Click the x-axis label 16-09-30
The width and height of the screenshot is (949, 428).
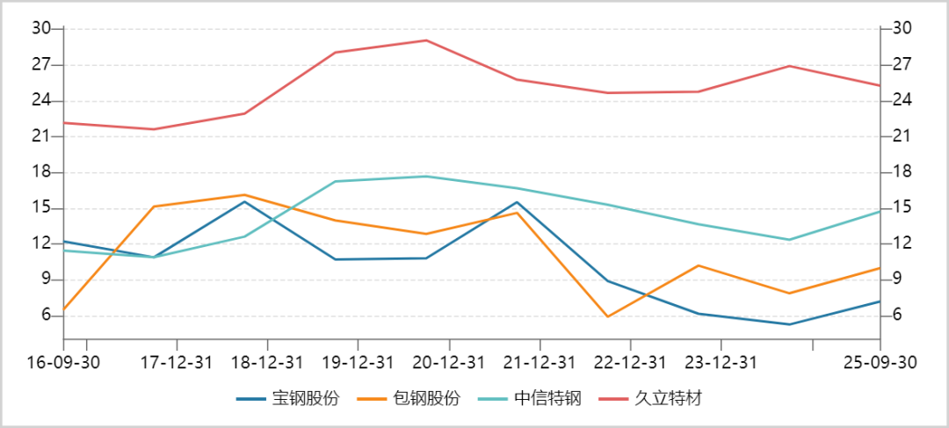(x=63, y=363)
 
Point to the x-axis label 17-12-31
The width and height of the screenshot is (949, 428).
(x=177, y=363)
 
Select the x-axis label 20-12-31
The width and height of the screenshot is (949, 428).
(x=449, y=363)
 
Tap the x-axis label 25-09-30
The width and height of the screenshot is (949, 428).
(x=879, y=363)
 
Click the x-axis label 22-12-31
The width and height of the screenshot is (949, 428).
(x=630, y=363)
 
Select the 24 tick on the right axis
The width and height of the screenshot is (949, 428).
(x=901, y=100)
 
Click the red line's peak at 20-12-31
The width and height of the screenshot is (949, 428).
(x=426, y=40)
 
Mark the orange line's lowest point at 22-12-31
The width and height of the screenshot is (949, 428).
(x=607, y=316)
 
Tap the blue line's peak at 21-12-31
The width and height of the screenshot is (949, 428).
(x=517, y=202)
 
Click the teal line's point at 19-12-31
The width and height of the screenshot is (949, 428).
(x=335, y=182)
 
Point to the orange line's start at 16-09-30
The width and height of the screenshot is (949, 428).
(x=64, y=310)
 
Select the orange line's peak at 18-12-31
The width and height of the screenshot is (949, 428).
(x=244, y=195)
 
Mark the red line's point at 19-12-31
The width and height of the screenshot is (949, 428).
(x=335, y=53)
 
